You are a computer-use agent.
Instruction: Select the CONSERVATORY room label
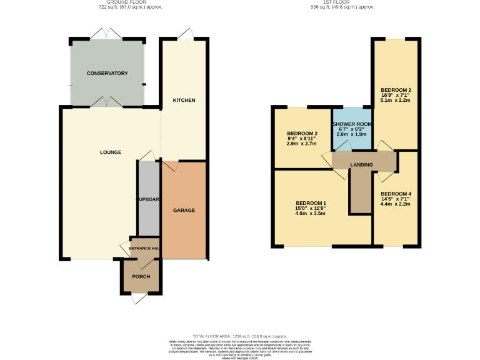click(x=107, y=74)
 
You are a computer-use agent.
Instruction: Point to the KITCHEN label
click(x=184, y=100)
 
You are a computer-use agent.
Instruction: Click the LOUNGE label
click(x=110, y=152)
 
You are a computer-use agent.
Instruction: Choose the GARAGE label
click(x=184, y=210)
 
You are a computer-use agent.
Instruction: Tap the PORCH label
click(x=141, y=277)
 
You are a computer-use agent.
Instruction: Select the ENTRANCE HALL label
click(x=144, y=249)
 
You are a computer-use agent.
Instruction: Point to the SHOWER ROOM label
click(x=351, y=124)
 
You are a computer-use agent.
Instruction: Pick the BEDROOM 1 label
click(x=311, y=203)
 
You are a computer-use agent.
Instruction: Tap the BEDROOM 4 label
click(x=395, y=194)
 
